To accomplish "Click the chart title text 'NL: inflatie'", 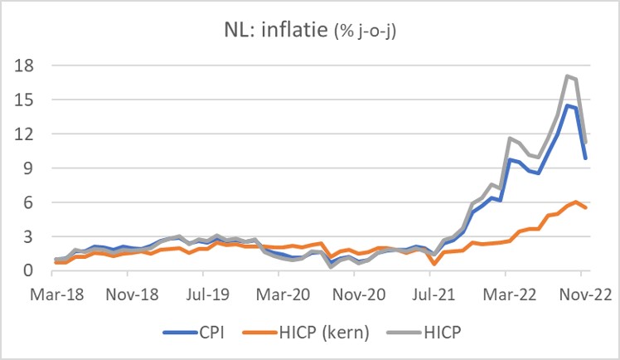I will (x=277, y=32).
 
